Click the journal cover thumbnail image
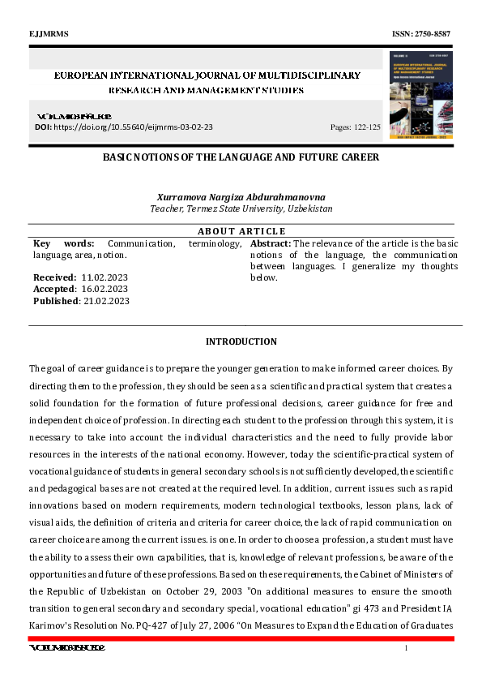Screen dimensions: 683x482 (x=420, y=95)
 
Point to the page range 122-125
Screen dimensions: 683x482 (x=367, y=127)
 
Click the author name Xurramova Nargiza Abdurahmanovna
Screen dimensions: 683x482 (x=241, y=197)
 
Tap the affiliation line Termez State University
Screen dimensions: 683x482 (x=241, y=208)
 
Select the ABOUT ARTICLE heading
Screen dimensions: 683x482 (x=241, y=231)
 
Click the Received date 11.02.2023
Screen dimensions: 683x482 (x=105, y=277)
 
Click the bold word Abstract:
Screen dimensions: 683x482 (x=271, y=243)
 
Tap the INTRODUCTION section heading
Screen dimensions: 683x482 (x=241, y=341)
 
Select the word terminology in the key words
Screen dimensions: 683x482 (x=215, y=243)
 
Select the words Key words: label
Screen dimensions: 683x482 (x=64, y=243)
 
